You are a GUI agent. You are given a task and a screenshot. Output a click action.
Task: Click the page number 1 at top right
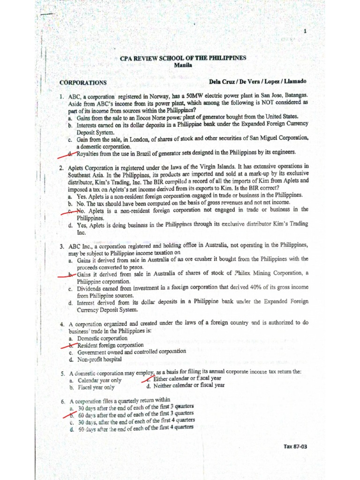click(x=305, y=31)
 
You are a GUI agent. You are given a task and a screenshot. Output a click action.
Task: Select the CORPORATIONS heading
click(x=83, y=82)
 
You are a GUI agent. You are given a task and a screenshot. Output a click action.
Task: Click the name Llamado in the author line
click(x=294, y=82)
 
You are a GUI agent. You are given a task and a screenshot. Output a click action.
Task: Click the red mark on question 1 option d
click(x=68, y=152)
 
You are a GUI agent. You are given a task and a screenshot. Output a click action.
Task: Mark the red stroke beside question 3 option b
click(x=66, y=274)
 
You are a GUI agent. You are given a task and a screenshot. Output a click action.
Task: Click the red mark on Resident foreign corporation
click(x=67, y=345)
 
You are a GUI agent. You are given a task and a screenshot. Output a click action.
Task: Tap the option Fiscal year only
click(x=96, y=388)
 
